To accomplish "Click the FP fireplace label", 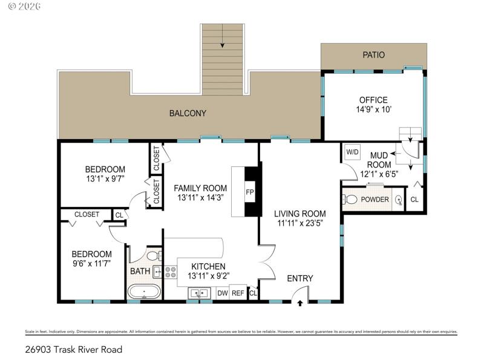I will click(249, 192).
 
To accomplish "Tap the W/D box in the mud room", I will click(352, 152).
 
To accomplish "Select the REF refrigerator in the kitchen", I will click(238, 293).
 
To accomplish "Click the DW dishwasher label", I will click(222, 293).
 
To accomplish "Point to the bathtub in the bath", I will click(144, 292).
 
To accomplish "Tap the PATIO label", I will click(373, 55).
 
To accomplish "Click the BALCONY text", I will click(188, 113).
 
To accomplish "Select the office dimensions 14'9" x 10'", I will click(373, 110).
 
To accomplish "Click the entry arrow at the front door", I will click(300, 302).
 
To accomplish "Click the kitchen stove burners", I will click(171, 272).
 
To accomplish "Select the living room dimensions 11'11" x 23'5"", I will click(300, 223).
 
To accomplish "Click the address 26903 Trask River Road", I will click(74, 349).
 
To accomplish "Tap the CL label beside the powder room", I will click(414, 200).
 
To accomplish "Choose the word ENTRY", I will click(300, 278).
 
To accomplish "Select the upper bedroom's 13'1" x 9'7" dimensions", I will click(105, 179).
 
